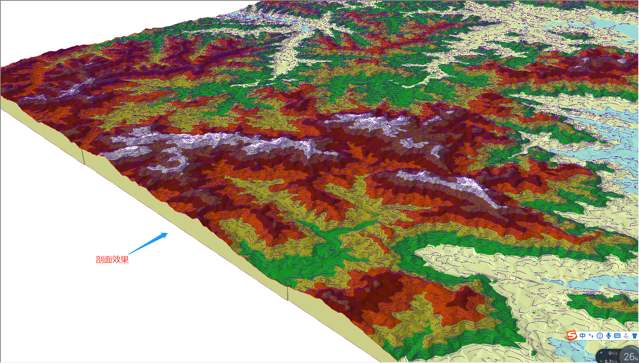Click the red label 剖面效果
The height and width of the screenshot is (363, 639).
(x=112, y=260)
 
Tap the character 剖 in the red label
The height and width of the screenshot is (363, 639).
(x=100, y=260)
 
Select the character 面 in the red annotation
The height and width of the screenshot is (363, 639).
(x=108, y=260)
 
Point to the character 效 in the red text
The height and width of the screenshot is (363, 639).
(x=116, y=260)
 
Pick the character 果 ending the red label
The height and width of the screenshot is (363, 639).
(x=125, y=260)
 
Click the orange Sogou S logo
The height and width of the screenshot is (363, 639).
(x=572, y=336)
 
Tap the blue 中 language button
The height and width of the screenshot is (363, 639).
(x=582, y=336)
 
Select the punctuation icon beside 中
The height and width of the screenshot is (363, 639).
(x=591, y=336)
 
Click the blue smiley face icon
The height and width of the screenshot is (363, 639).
(x=600, y=336)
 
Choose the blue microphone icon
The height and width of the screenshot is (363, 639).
(x=609, y=336)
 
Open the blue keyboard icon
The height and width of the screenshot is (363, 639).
(x=617, y=336)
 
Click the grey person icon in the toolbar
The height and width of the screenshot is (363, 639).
(x=626, y=336)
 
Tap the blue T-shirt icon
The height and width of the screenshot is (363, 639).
(x=635, y=336)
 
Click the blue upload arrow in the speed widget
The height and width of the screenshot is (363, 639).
(x=601, y=353)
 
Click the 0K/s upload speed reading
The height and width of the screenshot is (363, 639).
(x=613, y=353)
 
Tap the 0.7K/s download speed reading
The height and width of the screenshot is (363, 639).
(x=611, y=361)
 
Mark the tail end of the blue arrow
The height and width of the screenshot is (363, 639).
(x=130, y=253)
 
